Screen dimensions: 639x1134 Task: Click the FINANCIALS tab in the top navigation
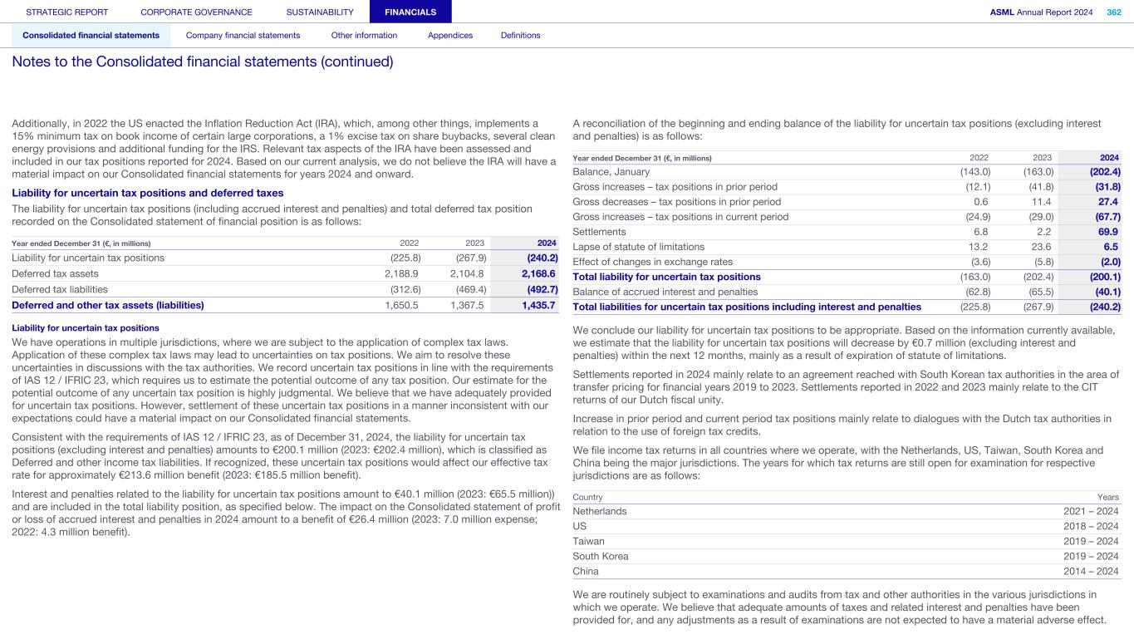pos(410,12)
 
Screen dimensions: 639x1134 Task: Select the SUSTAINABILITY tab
pos(320,12)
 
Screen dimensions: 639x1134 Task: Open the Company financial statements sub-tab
pos(243,35)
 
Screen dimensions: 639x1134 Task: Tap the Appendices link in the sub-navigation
pos(449,35)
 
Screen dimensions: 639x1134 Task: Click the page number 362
pos(1113,12)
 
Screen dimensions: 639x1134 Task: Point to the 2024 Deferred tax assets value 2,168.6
pos(538,273)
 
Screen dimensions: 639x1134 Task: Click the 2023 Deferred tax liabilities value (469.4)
pos(471,289)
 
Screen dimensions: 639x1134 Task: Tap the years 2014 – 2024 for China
pos(1091,571)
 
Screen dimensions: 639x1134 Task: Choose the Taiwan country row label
pos(588,541)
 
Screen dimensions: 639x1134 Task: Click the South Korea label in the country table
pos(601,556)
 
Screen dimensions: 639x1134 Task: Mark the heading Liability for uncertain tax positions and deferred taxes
pos(148,193)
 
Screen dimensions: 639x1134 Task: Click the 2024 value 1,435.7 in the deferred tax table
pos(538,305)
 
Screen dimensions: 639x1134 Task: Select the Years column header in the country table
pos(1108,496)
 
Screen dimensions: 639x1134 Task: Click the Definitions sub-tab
pos(520,35)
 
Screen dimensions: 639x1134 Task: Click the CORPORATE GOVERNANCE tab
pos(196,12)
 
